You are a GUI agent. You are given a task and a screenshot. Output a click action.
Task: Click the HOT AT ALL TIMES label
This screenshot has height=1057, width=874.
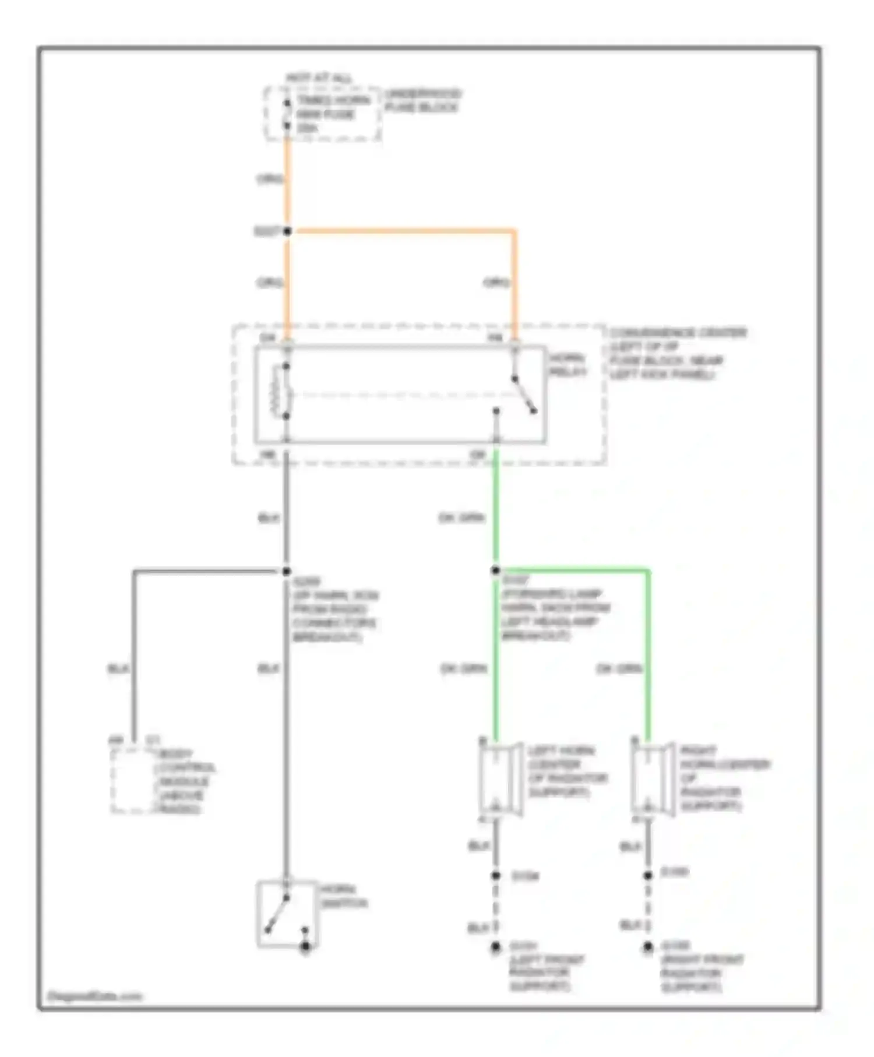click(x=319, y=78)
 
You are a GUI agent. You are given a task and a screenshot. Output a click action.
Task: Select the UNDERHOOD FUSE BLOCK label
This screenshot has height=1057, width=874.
click(x=422, y=101)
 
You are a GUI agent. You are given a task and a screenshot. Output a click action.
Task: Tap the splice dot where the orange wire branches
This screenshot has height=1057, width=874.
click(x=287, y=231)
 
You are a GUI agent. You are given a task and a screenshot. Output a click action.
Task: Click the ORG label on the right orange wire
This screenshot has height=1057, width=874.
click(x=496, y=283)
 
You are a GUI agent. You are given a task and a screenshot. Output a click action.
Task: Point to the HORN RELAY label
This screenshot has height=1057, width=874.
click(x=568, y=365)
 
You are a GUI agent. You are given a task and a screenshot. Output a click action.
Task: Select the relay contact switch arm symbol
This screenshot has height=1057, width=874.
click(x=523, y=395)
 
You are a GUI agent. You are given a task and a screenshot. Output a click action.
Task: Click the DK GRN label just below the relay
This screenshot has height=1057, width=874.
click(x=461, y=518)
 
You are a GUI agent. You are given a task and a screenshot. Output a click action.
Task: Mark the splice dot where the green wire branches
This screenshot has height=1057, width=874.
click(x=495, y=570)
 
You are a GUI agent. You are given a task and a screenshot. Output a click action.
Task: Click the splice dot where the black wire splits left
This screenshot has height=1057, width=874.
click(x=286, y=572)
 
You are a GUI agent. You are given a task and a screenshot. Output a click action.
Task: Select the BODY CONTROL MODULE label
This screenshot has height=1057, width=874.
click(x=184, y=781)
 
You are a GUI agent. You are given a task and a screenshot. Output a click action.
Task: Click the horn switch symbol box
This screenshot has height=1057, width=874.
click(x=287, y=913)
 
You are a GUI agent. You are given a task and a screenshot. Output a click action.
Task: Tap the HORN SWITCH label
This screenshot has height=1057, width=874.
click(x=344, y=897)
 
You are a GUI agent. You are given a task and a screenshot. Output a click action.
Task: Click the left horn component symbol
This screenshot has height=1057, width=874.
click(x=500, y=780)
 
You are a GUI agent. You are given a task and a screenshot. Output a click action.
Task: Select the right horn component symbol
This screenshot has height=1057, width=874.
click(x=652, y=780)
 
